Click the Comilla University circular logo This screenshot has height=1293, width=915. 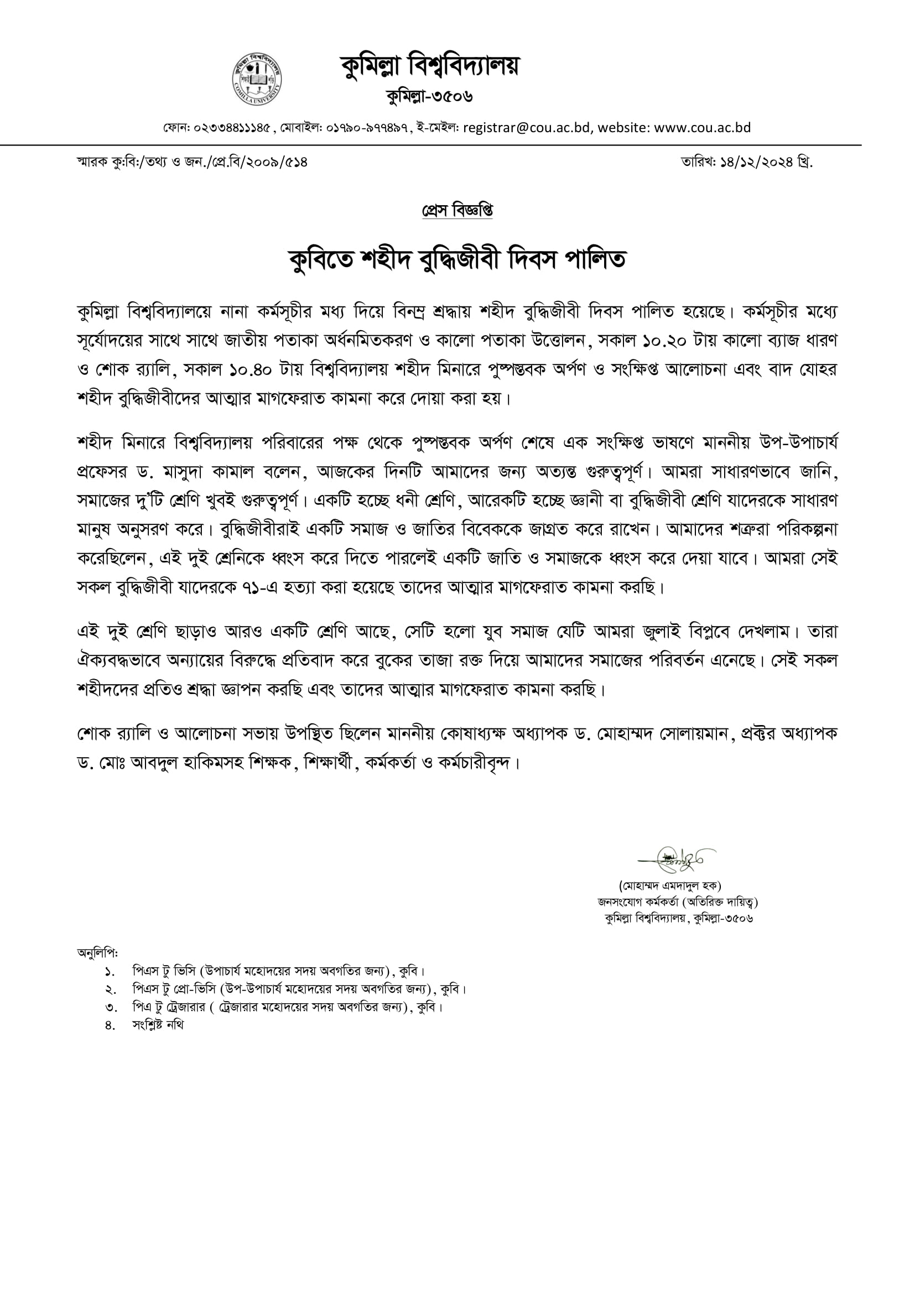coord(257,80)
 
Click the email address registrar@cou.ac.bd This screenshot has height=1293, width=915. coord(526,128)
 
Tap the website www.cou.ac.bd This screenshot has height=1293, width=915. coord(702,128)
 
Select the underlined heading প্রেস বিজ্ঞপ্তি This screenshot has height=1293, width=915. coord(457,211)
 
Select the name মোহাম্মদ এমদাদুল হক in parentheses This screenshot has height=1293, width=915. coord(670,886)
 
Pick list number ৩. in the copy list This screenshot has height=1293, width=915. coord(111,1007)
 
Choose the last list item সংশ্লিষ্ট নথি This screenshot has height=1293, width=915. coord(158,1025)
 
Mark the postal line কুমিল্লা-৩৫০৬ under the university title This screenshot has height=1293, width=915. coord(429,96)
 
